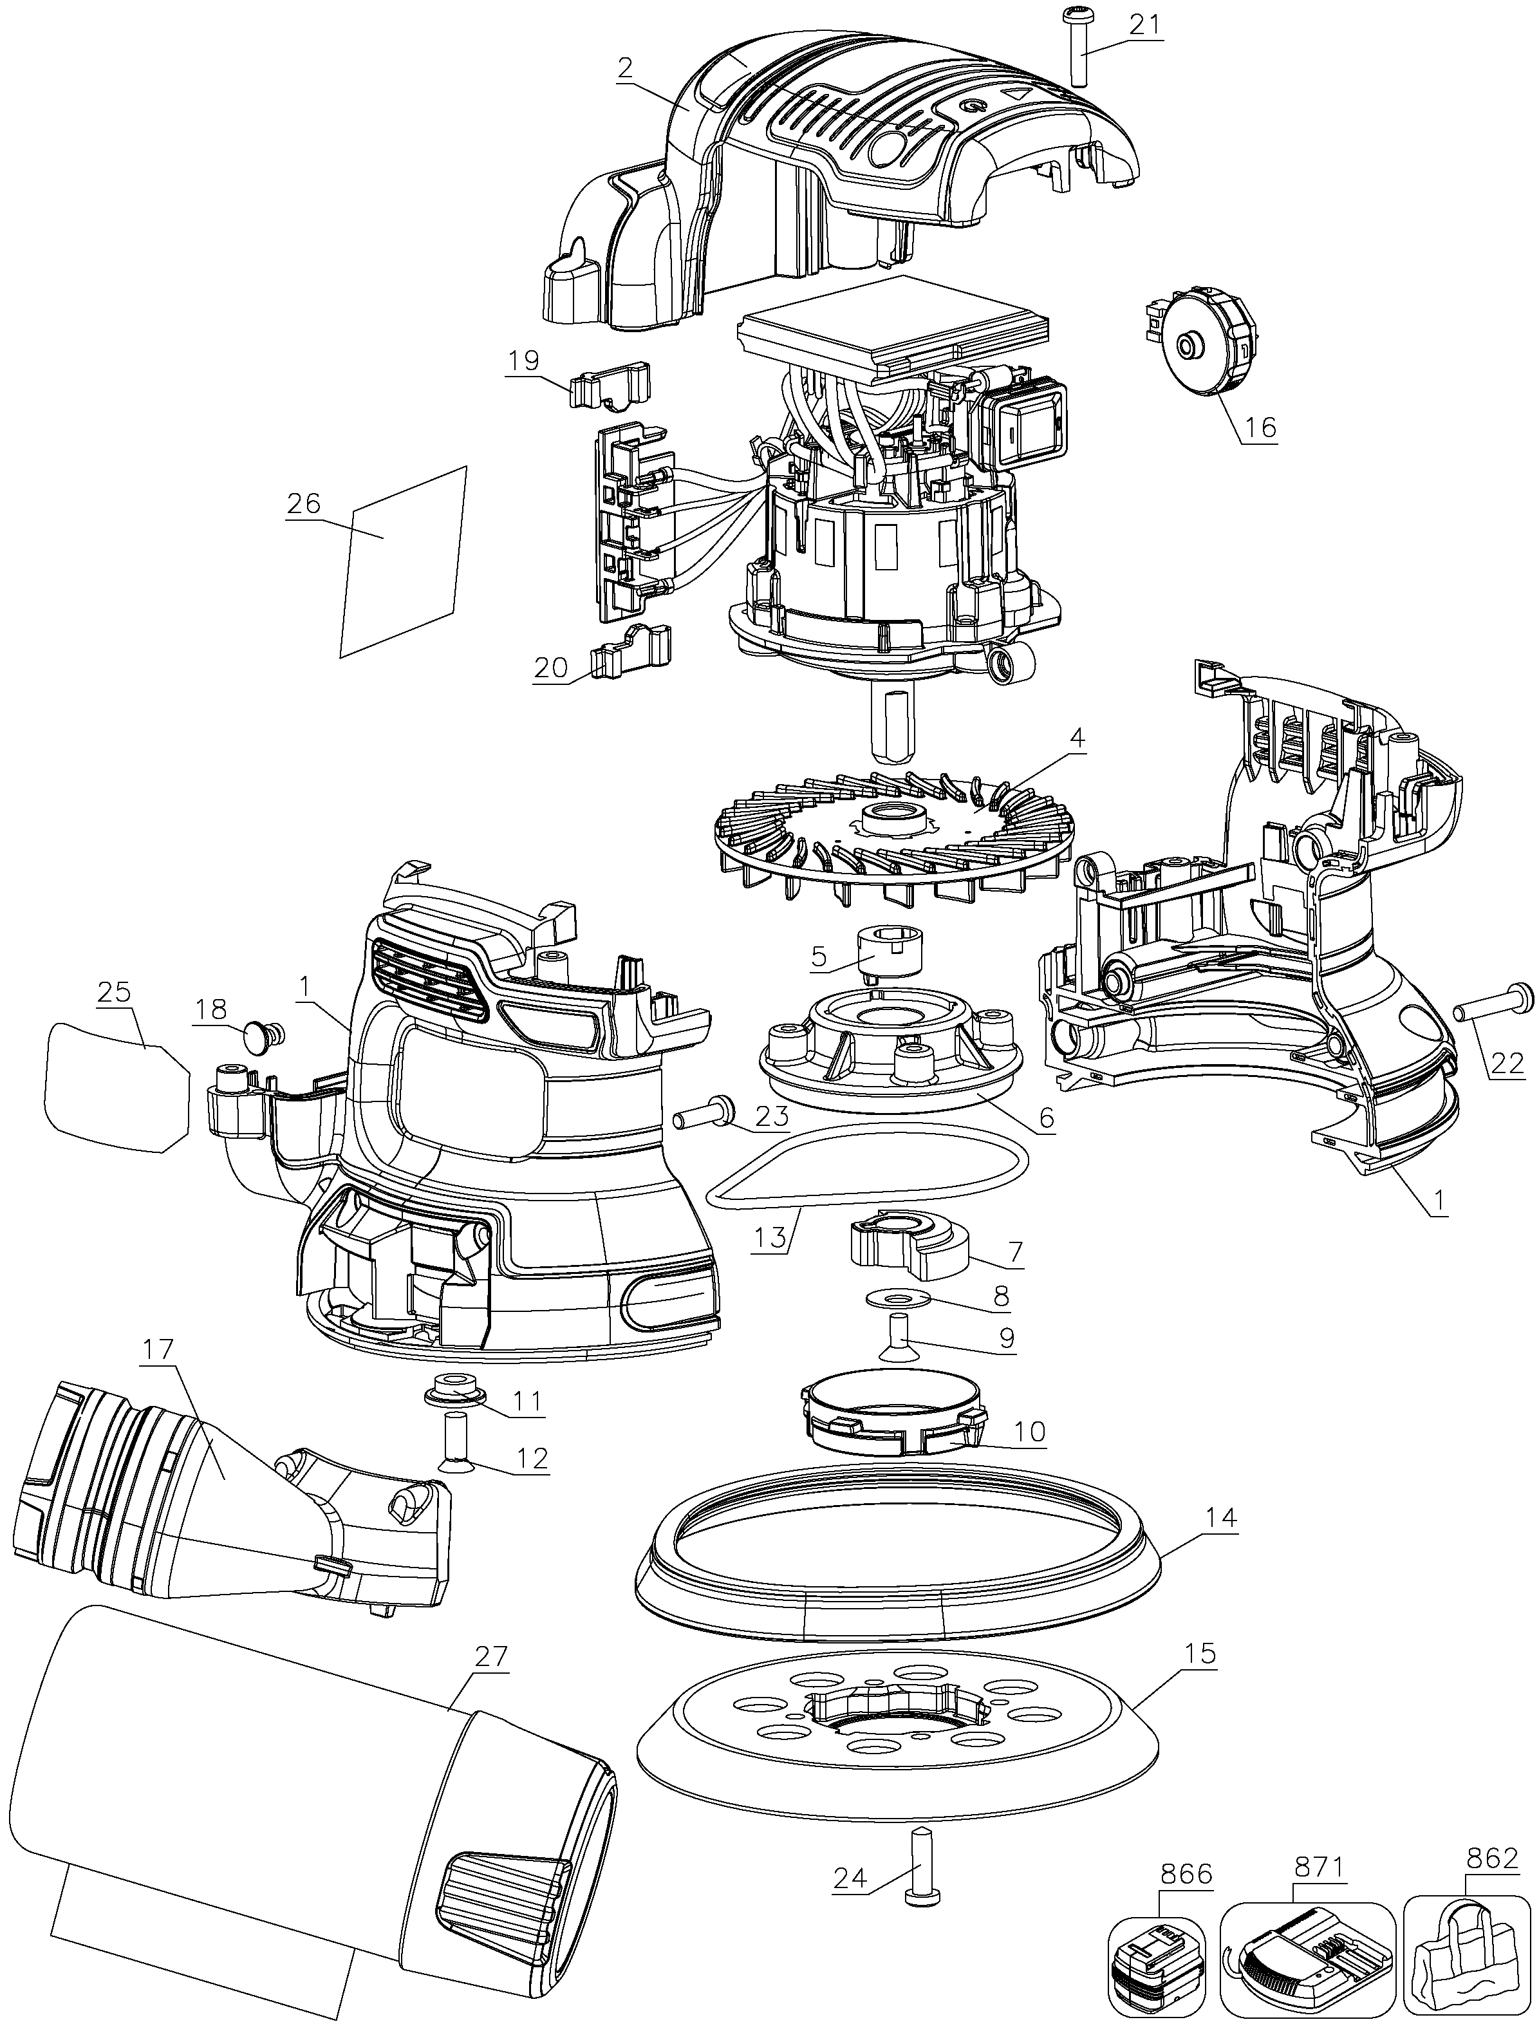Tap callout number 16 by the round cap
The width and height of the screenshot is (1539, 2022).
click(x=1260, y=427)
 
